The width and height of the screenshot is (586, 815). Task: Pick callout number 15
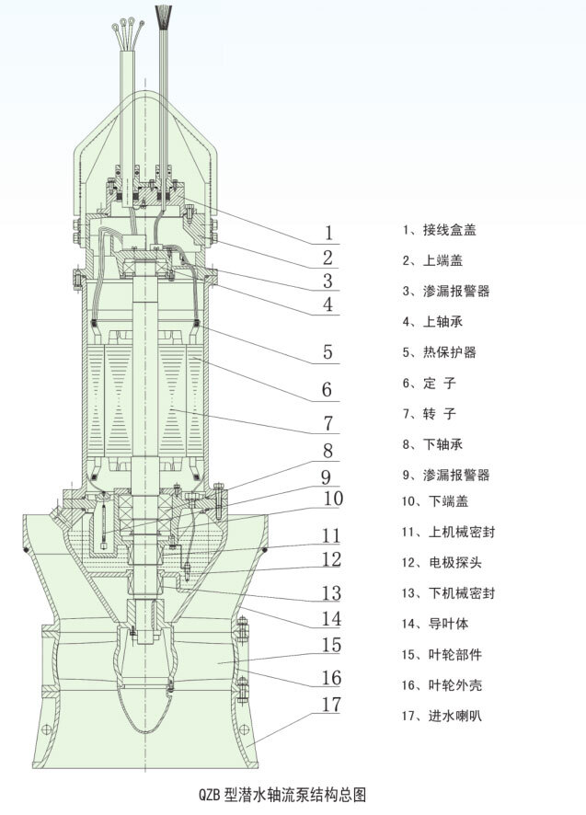[330, 645]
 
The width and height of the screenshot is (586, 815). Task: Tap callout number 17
[330, 706]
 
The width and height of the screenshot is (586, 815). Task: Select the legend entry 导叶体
[441, 623]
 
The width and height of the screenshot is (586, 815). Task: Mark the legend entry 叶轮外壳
[446, 684]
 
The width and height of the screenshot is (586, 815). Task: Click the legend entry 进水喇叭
[446, 715]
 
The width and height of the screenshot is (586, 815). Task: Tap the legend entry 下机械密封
[452, 593]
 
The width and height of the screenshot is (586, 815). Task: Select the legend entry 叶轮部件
[446, 654]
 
